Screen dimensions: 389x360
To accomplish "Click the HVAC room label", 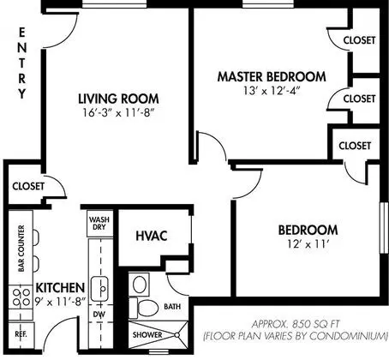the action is tap(152, 236).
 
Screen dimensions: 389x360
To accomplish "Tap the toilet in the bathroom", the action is tap(144, 308).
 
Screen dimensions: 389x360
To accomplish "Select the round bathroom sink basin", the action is tap(140, 285).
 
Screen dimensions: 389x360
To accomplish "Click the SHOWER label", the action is tap(147, 334).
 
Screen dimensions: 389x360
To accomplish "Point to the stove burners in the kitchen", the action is tap(21, 297).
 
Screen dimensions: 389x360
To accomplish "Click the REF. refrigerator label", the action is tap(21, 334).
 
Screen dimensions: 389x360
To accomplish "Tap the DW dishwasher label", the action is tap(99, 315).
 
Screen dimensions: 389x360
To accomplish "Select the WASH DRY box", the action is tap(99, 224).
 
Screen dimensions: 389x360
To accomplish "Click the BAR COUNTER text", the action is tap(21, 249).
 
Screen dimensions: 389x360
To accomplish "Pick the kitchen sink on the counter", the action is tap(99, 289).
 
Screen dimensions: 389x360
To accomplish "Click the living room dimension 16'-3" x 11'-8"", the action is tap(118, 113).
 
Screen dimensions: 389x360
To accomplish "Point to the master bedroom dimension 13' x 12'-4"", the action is tap(272, 91).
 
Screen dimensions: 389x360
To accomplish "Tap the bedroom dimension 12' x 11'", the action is tap(308, 244).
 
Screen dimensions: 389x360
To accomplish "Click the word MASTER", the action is tap(240, 77).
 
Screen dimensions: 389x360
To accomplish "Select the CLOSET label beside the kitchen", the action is tap(28, 186).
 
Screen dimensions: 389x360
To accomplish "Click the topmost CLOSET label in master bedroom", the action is tap(359, 40).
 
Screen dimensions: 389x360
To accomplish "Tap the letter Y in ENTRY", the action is tap(22, 93).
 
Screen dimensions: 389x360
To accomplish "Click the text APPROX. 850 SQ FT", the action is tap(296, 324).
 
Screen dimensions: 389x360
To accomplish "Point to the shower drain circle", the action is tap(177, 335).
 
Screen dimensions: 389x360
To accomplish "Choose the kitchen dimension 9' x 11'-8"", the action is tap(61, 302).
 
